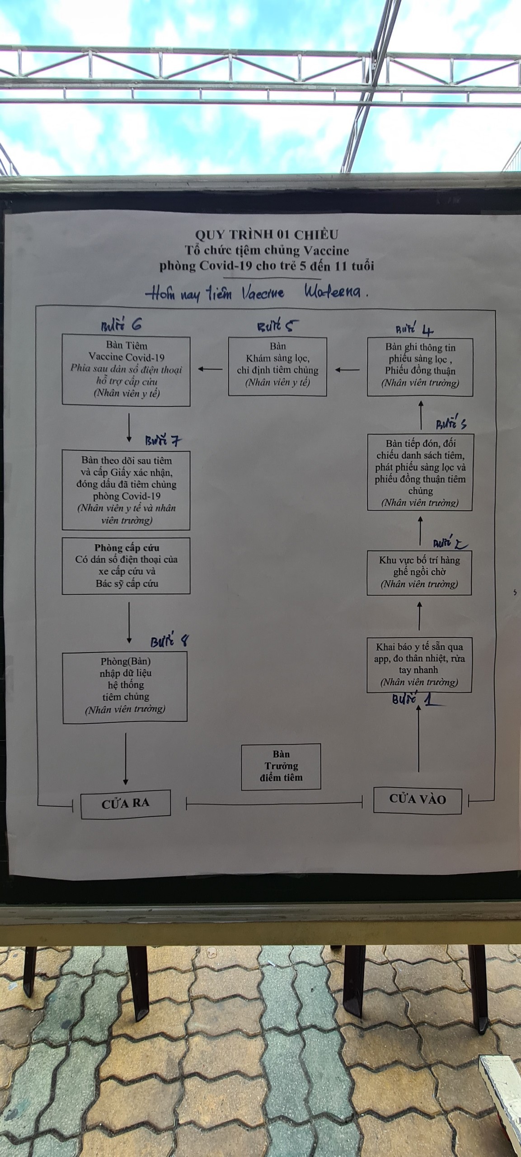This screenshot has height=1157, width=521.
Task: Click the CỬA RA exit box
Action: coord(126,804)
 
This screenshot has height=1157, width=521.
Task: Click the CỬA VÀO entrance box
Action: coord(418,800)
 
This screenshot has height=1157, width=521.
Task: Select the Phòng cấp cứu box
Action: coord(126,565)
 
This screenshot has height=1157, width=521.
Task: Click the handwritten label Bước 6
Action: coord(122,325)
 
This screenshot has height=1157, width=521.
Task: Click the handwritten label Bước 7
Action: coord(163,441)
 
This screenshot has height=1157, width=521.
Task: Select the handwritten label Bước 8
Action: coord(169,641)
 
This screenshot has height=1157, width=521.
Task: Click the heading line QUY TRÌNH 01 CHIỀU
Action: coord(267,235)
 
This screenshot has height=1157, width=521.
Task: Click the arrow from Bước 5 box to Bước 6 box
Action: coord(210,369)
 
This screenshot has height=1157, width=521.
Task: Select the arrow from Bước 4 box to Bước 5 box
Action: coord(347,370)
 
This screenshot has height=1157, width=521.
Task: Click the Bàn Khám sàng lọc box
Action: coord(277,367)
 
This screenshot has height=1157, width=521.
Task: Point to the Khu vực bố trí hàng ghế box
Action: coord(419,572)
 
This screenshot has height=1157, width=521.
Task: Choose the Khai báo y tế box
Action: coord(419,664)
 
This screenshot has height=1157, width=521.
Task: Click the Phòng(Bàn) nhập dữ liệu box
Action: coord(125,687)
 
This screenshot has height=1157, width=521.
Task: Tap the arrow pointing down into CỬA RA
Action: coord(126,759)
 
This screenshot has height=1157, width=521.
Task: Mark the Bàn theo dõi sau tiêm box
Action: coord(126,490)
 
